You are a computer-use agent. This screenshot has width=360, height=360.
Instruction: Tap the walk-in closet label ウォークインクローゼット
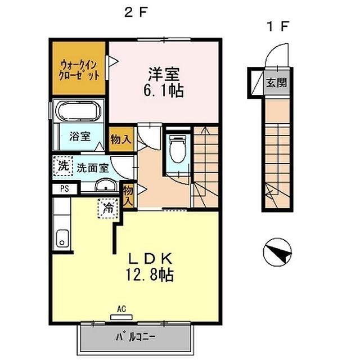[80, 69]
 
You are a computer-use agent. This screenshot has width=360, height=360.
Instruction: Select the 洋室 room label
[163, 73]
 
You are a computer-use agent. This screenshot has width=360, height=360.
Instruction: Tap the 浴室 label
[80, 136]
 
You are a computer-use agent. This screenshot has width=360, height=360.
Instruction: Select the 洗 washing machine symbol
[64, 166]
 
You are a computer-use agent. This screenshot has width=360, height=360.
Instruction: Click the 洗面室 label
[92, 167]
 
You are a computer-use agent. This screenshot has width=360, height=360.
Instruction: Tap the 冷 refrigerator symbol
[108, 208]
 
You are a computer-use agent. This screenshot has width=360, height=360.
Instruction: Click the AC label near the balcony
[121, 309]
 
